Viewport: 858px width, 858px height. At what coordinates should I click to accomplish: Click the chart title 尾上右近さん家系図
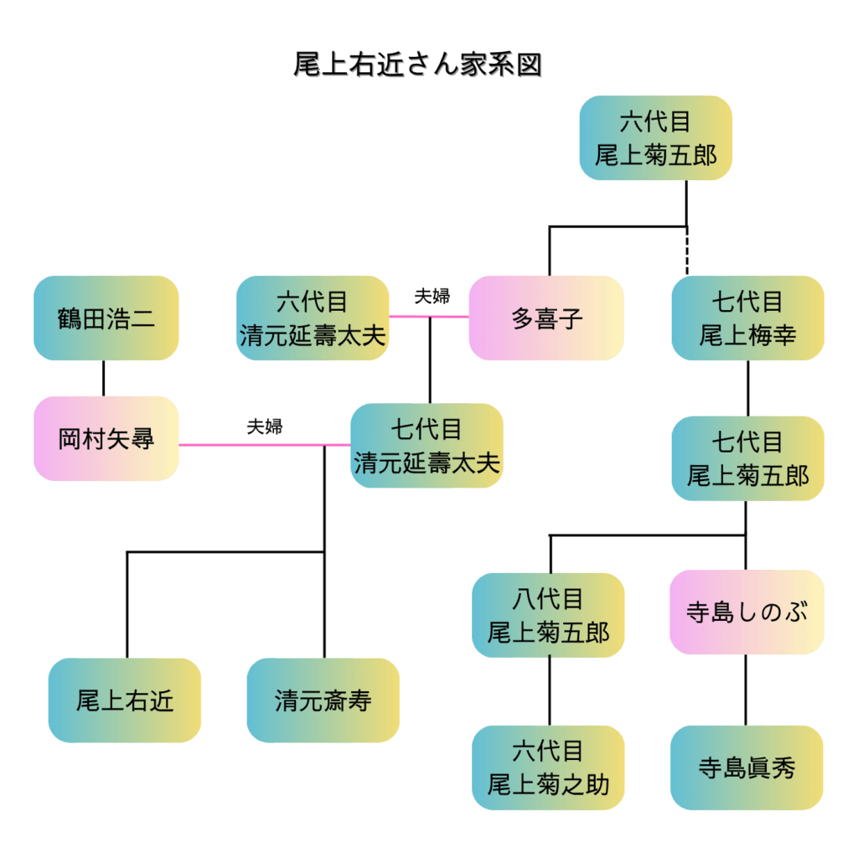417,65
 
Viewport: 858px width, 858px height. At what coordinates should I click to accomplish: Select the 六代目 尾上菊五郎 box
655,138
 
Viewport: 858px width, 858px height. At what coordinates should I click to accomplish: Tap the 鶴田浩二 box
106,318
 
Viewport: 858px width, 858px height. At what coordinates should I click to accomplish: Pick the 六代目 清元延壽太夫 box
313,318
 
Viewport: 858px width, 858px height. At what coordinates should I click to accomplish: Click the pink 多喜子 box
546,318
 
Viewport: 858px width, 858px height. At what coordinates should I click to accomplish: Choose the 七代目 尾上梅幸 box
747,318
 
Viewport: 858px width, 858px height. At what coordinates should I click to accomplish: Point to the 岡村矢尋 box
106,438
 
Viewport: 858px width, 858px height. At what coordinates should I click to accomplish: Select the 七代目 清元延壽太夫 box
426,446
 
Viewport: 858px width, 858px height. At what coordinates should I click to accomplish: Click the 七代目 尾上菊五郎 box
747,458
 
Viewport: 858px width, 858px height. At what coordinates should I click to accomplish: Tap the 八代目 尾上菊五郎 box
549,615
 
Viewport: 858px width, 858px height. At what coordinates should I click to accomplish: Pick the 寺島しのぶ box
747,612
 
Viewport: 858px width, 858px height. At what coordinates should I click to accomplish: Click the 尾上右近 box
125,700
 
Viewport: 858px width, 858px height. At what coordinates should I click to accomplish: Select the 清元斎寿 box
323,700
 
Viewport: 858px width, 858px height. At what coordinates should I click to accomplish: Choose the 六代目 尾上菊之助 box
549,768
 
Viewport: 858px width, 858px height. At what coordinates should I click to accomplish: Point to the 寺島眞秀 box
747,768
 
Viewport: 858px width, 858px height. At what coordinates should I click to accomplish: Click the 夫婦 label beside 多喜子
432,297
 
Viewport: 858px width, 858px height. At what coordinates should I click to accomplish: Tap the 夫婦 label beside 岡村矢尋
265,426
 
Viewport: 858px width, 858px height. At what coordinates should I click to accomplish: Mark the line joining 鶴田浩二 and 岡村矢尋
104,378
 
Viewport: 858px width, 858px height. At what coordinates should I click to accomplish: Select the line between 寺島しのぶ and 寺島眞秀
747,690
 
